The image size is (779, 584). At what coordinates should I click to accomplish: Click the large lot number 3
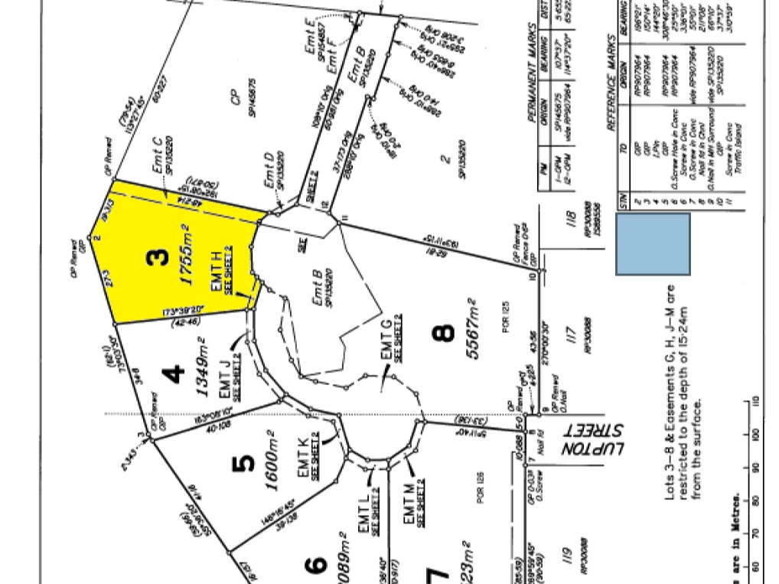[x=158, y=258]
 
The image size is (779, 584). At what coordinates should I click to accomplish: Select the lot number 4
[x=176, y=374]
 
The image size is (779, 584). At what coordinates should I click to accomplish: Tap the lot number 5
[x=243, y=463]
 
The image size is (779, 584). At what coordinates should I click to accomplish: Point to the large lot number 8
[x=443, y=333]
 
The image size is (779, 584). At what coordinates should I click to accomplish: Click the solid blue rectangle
[x=653, y=244]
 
